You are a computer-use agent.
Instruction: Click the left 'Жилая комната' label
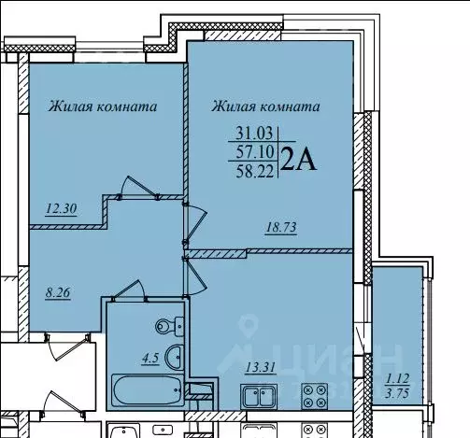point(102,106)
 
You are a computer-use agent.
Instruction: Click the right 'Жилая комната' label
point(267,106)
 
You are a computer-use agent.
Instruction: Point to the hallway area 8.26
point(59,291)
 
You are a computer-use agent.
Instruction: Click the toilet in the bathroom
point(166,326)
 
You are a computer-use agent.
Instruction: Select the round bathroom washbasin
point(173,357)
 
